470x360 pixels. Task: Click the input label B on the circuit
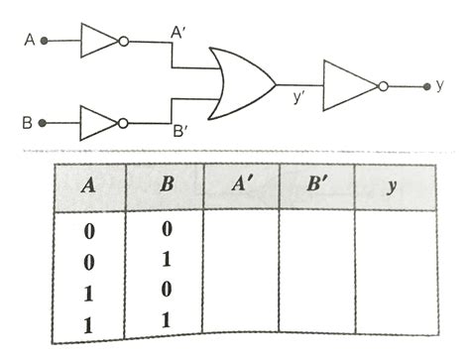(x=28, y=124)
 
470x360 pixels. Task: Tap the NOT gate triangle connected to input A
(x=98, y=42)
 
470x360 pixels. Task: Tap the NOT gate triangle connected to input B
(x=98, y=124)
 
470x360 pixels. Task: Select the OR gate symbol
(x=241, y=83)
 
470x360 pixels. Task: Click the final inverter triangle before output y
(x=350, y=86)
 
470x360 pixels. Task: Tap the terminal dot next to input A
(x=44, y=42)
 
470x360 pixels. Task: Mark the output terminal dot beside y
(x=425, y=86)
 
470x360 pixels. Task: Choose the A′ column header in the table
(x=240, y=184)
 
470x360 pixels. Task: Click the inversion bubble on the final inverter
(x=383, y=86)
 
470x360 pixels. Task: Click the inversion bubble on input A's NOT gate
(x=124, y=42)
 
